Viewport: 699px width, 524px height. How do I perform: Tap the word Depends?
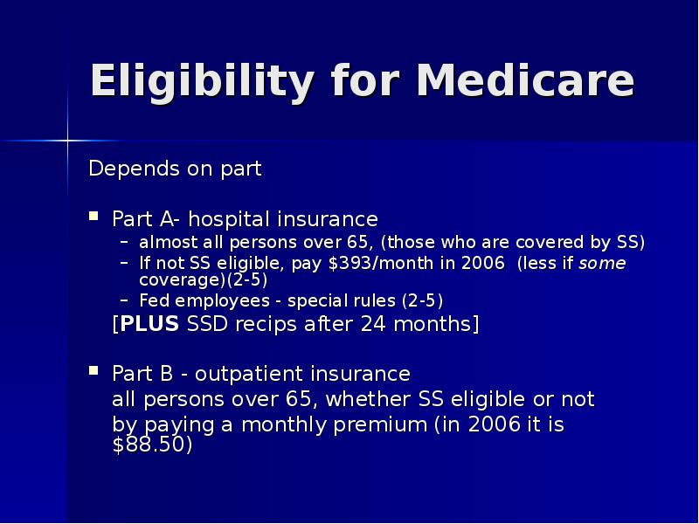125,169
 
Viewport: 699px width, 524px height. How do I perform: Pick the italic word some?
602,264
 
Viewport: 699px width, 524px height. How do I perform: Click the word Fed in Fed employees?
155,300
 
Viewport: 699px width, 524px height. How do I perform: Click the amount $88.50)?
153,445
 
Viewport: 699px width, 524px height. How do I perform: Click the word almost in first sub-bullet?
167,242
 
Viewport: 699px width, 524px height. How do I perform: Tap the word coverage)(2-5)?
204,280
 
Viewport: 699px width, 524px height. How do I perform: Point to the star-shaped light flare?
67,140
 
